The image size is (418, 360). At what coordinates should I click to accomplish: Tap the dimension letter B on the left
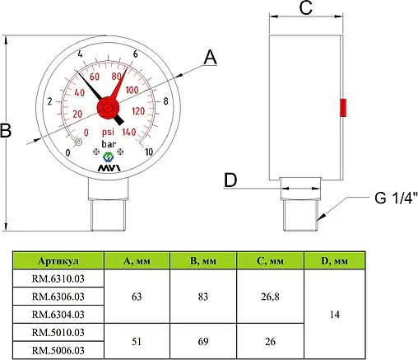point(7,131)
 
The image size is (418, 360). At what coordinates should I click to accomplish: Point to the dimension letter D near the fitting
point(230,180)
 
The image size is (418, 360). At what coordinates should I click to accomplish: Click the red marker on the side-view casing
point(343,108)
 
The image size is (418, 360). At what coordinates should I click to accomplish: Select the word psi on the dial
point(108,132)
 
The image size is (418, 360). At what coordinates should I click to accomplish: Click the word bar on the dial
point(108,146)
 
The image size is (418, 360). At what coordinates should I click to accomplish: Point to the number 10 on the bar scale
point(148,152)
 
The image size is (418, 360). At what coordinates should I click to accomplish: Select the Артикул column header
point(56,262)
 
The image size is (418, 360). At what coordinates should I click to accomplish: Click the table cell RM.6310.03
point(57,278)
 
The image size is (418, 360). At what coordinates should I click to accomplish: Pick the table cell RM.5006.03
point(57,349)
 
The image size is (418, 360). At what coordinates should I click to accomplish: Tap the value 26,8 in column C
point(271,296)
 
